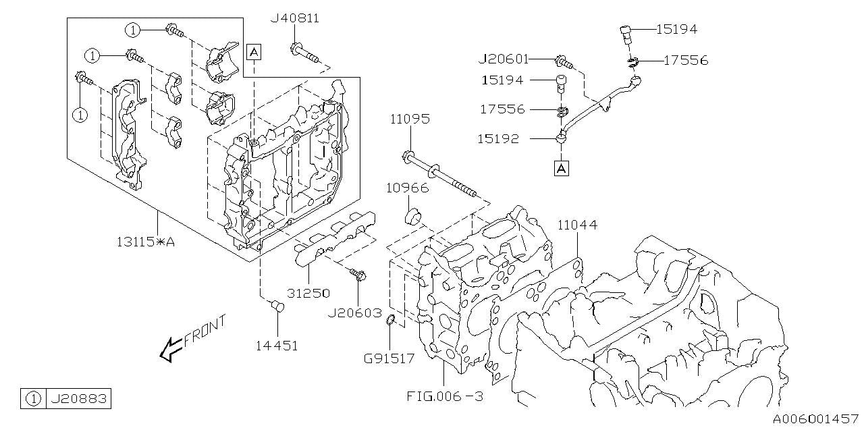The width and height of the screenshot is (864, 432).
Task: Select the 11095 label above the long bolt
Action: (409, 119)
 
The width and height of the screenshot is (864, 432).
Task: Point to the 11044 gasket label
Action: (577, 225)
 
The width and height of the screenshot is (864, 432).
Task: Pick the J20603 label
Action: (354, 314)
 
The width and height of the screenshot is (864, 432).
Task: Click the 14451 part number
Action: (277, 345)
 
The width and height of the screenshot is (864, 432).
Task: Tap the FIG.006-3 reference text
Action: (445, 396)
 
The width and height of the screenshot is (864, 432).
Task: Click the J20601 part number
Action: (504, 59)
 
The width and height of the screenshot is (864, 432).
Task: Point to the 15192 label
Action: (500, 139)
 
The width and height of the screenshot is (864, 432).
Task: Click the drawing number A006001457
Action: (815, 419)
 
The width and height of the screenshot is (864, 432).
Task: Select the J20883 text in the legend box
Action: (78, 400)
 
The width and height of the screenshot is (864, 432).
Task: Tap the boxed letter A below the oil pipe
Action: (562, 168)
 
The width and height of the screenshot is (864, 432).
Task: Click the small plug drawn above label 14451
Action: (277, 307)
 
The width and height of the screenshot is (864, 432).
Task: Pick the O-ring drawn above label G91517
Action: (391, 329)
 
